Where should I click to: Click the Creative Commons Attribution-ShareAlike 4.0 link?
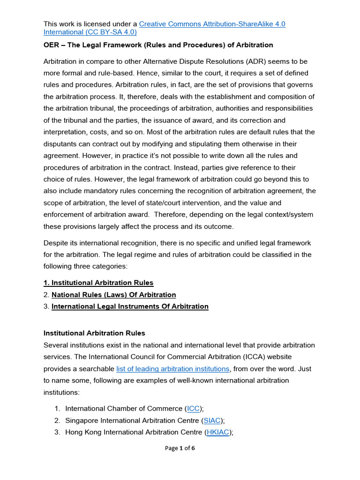coord(212,24)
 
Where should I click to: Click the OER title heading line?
coord(158,45)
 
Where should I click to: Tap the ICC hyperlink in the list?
coord(193,408)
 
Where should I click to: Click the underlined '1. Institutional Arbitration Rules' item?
coord(98,283)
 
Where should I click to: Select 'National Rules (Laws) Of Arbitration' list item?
coord(113,295)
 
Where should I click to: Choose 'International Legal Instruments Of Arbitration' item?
coord(130,307)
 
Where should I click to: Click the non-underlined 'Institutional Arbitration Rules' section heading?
coord(94,333)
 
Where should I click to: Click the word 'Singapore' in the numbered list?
coord(82,420)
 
